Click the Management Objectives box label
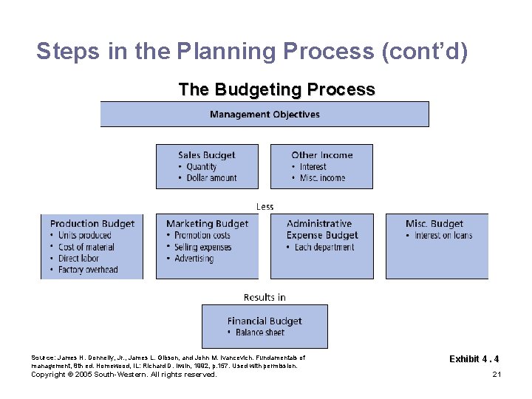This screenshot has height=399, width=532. [x=265, y=115]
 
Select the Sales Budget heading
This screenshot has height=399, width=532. [x=206, y=155]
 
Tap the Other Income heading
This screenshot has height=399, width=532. [x=321, y=155]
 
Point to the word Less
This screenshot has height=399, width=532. [x=265, y=207]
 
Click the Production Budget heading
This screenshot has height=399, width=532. [x=92, y=224]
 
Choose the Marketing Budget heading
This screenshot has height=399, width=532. [x=207, y=224]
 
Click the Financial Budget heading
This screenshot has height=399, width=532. [x=265, y=321]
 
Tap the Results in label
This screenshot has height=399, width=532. [x=265, y=298]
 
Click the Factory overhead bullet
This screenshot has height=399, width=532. [x=88, y=270]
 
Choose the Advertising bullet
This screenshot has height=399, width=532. [x=194, y=259]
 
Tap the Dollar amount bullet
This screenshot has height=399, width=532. [x=207, y=178]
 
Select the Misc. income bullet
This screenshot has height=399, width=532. [x=322, y=178]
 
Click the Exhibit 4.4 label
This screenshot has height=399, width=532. [x=474, y=359]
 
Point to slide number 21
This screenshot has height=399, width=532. [x=497, y=375]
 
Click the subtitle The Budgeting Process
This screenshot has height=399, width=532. [x=276, y=90]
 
